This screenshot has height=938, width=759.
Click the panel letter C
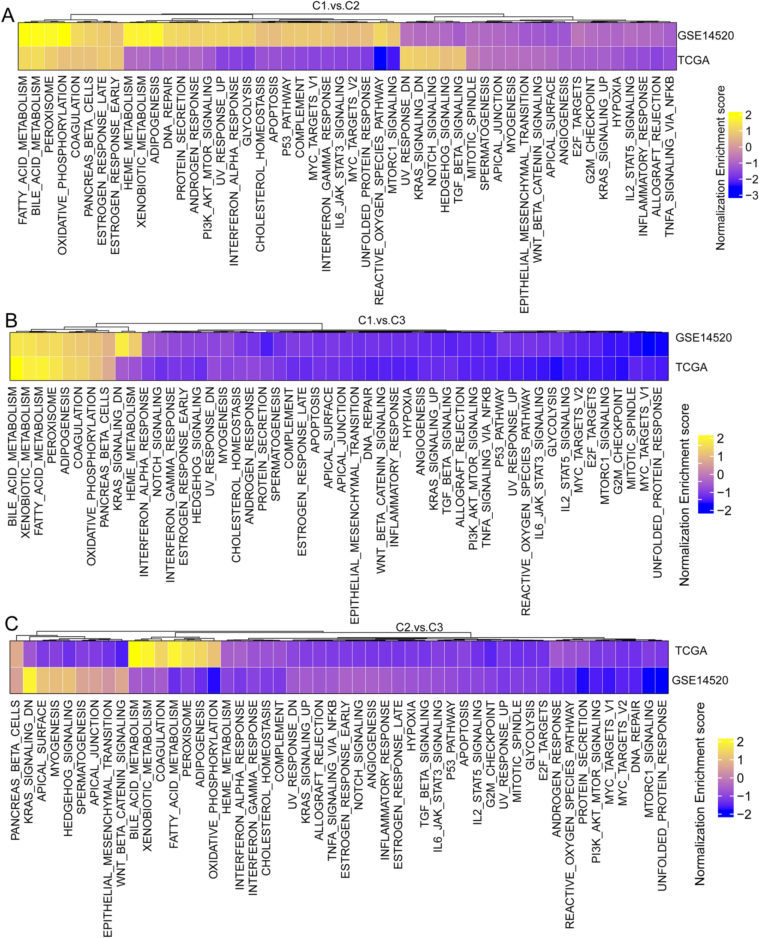click(x=10, y=624)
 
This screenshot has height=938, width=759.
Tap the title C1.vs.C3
click(x=381, y=320)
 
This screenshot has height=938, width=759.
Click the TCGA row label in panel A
click(x=693, y=60)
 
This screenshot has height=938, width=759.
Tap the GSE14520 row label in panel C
click(x=699, y=680)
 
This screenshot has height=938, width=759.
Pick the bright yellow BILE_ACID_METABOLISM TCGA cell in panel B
click(x=16, y=368)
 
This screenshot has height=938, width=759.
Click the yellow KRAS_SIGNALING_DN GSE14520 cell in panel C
click(x=29, y=681)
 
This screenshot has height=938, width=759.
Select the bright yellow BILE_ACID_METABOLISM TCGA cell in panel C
click(x=134, y=654)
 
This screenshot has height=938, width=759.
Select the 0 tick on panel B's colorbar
click(x=720, y=475)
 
